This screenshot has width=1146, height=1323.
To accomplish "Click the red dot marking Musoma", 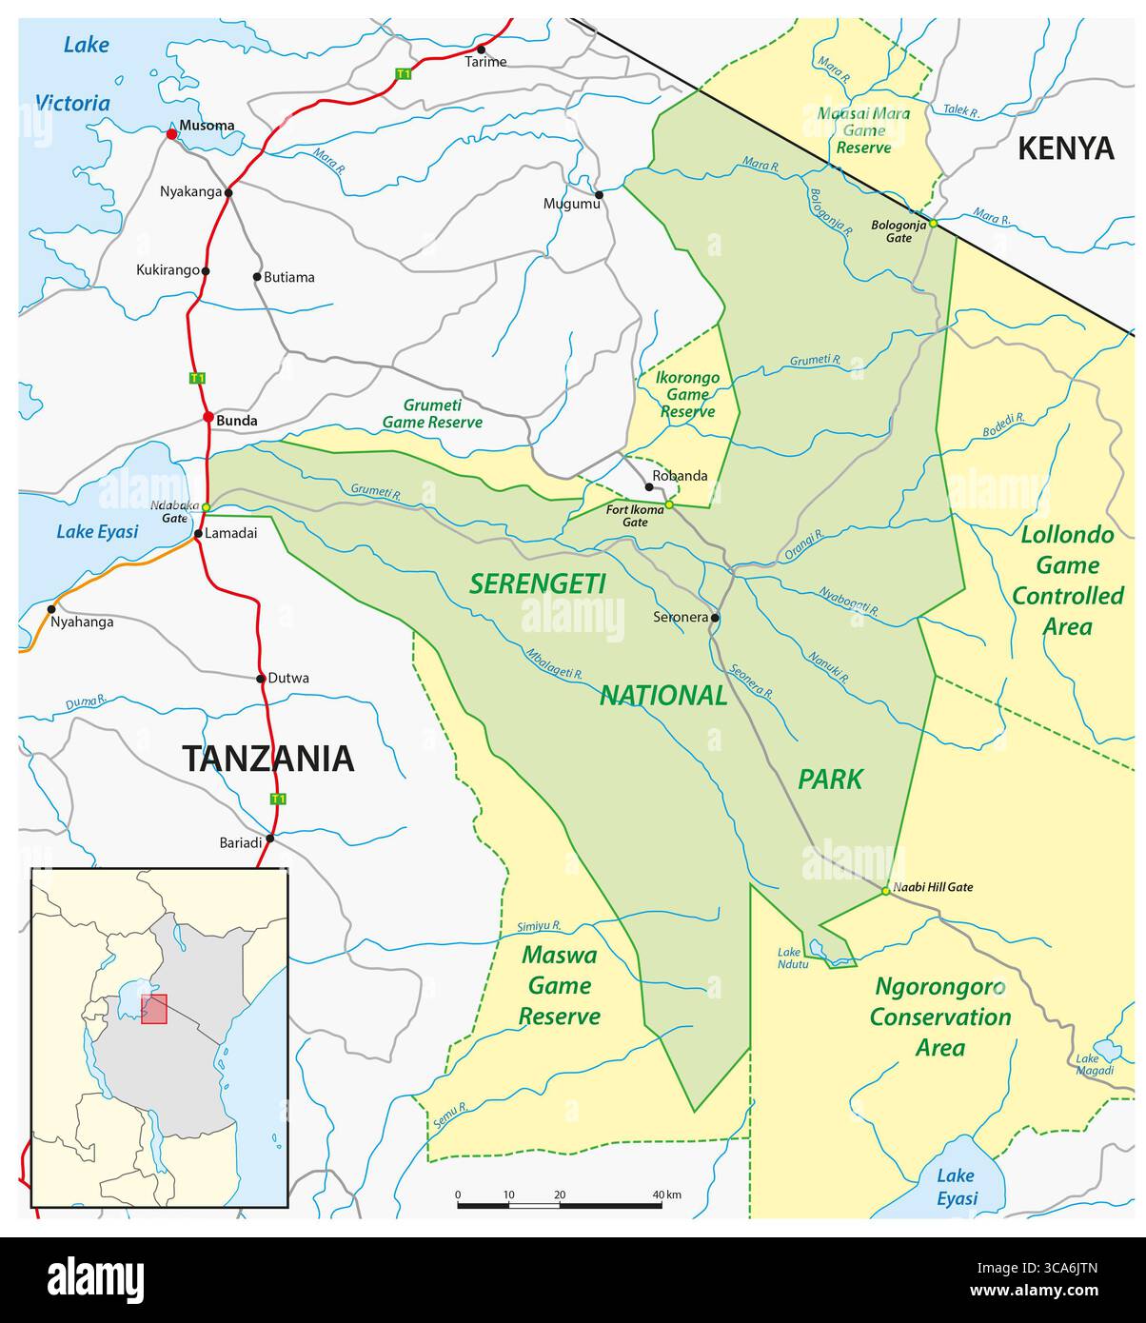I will [x=171, y=134].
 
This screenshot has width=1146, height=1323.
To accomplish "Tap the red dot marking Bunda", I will [x=207, y=417].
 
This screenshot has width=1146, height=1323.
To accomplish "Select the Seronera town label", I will [x=681, y=618].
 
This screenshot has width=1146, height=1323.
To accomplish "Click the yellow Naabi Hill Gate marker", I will [x=885, y=891].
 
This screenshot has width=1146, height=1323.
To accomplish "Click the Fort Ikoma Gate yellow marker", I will [x=669, y=504].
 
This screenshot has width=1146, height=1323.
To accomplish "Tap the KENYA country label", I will [x=1065, y=148].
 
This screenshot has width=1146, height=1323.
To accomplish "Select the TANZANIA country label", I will [x=267, y=759].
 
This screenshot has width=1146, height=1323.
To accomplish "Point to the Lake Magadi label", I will [x=1094, y=1064].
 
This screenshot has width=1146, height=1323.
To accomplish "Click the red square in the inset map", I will [x=154, y=1009].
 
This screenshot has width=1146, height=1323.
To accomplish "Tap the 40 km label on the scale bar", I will [x=666, y=1195].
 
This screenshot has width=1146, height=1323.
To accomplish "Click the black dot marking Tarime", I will [x=481, y=49].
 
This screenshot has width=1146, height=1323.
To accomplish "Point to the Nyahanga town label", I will [x=82, y=622].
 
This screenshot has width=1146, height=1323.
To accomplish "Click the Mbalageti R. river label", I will [x=554, y=663].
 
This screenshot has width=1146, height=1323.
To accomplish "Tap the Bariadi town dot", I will [x=270, y=839].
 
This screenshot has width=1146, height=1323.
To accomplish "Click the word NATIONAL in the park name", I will [x=662, y=696].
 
